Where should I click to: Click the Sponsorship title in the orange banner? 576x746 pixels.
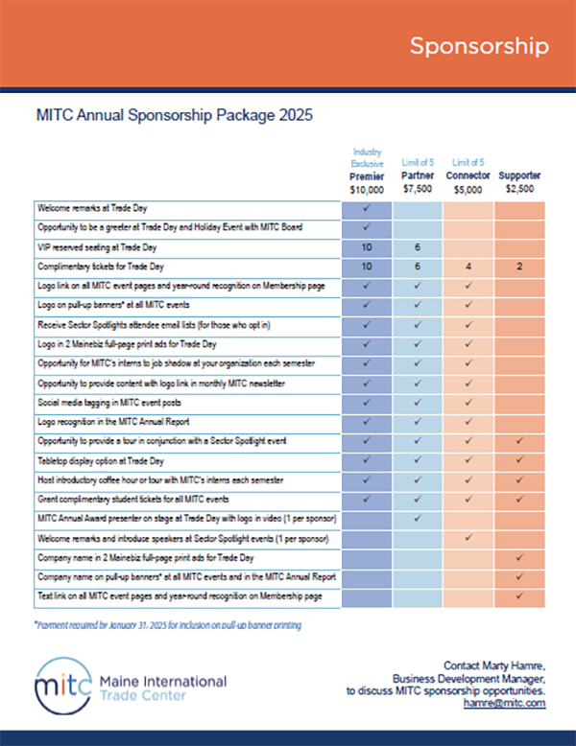tap(479, 47)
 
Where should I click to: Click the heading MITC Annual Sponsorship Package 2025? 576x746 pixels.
tap(175, 115)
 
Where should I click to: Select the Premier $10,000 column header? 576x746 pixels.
tap(367, 183)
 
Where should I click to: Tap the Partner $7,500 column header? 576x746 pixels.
tap(418, 182)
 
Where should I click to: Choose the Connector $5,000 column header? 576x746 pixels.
tap(468, 183)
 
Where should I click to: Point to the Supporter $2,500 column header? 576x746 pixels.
tap(519, 182)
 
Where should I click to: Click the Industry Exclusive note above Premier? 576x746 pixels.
tap(367, 157)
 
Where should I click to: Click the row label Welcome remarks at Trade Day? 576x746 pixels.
tap(92, 208)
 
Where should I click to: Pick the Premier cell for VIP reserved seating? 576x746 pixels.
tap(367, 247)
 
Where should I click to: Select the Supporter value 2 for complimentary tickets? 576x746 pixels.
tap(519, 267)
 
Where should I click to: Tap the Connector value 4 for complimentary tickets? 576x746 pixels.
tap(468, 267)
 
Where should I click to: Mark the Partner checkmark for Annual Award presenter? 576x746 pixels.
tap(418, 518)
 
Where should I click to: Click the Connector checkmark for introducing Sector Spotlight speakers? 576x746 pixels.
tap(468, 537)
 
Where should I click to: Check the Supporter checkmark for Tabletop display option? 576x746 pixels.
tap(519, 460)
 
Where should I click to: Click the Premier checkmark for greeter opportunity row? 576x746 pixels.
tap(367, 227)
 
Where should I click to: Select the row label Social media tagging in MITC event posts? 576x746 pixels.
tap(109, 403)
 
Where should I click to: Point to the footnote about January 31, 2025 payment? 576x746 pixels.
tap(168, 625)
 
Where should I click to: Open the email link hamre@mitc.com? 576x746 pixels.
tap(505, 703)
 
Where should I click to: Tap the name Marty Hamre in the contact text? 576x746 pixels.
tap(513, 666)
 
